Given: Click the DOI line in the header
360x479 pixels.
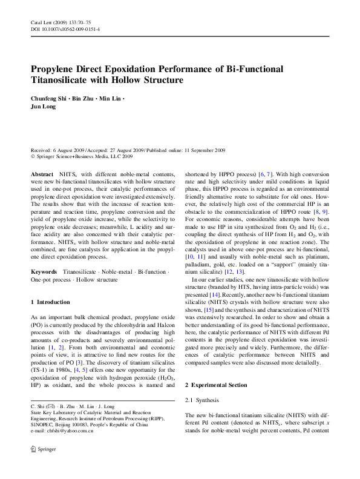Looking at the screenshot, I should [65, 29].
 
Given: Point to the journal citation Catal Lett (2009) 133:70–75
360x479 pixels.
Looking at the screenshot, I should [63, 22].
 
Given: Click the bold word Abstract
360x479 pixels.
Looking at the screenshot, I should [42, 174].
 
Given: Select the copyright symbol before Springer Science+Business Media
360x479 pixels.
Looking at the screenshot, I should [33, 156].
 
